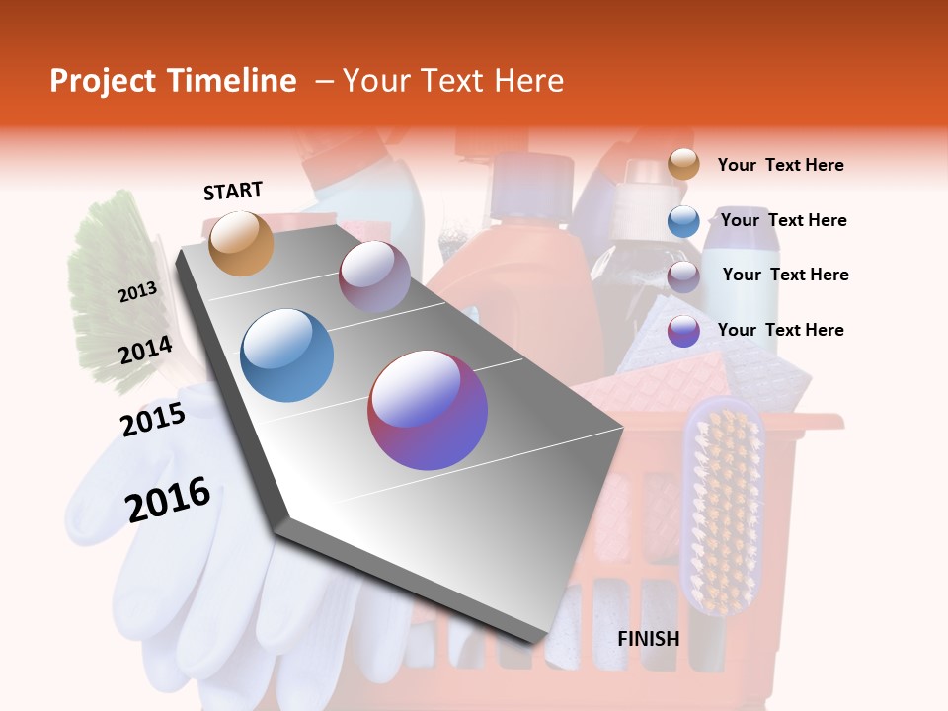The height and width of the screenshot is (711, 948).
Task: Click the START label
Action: pyautogui.click(x=233, y=191)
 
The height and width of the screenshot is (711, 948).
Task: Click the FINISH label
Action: pyautogui.click(x=648, y=639)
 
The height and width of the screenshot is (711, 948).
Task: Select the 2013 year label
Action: pyautogui.click(x=137, y=292)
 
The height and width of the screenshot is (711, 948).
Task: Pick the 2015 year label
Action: pyautogui.click(x=152, y=420)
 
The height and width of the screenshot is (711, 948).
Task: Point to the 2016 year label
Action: pyautogui.click(x=168, y=500)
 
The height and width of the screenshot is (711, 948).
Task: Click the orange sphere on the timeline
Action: pyautogui.click(x=241, y=243)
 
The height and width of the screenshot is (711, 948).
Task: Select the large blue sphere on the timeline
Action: pyautogui.click(x=286, y=355)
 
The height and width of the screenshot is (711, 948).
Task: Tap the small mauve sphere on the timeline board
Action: pyautogui.click(x=374, y=276)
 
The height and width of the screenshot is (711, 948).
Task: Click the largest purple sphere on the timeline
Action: pyautogui.click(x=428, y=410)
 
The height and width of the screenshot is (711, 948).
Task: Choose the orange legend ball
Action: pyautogui.click(x=683, y=164)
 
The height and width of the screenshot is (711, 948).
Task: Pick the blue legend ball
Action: pyautogui.click(x=683, y=221)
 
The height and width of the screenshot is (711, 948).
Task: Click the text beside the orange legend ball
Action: pyautogui.click(x=780, y=166)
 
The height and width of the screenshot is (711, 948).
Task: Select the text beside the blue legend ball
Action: pyautogui.click(x=783, y=221)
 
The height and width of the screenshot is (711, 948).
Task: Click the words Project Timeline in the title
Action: pyautogui.click(x=173, y=81)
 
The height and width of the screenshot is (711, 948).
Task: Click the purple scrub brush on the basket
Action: pyautogui.click(x=723, y=504)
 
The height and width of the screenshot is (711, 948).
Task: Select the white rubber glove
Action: pyautogui.click(x=197, y=583)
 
